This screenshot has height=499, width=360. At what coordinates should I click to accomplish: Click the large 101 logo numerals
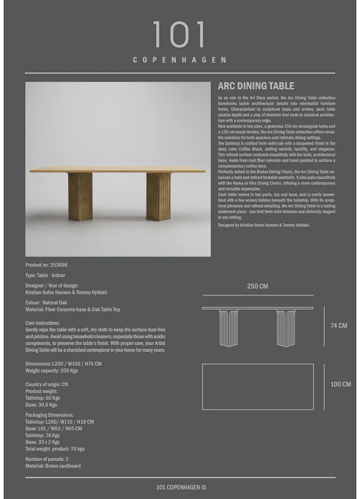click(179, 35)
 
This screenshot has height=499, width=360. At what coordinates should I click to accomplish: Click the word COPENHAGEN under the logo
click(179, 60)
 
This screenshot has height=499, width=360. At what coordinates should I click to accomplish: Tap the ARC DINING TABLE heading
click(256, 86)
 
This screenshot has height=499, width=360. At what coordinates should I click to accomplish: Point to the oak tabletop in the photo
click(117, 170)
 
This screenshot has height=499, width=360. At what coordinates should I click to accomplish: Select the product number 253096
click(59, 265)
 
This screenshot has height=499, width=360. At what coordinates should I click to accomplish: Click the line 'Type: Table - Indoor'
click(45, 275)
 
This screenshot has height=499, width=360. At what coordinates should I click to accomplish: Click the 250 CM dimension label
click(257, 286)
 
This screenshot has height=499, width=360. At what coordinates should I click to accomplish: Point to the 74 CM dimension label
click(338, 326)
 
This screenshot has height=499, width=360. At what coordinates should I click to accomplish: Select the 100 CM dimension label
click(340, 384)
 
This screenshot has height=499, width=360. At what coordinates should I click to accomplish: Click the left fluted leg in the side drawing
click(228, 328)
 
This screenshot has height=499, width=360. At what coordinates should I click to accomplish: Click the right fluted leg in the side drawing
click(286, 328)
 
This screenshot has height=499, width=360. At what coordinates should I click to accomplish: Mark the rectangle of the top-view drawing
click(258, 386)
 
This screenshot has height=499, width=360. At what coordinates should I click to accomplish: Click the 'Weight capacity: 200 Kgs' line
click(51, 370)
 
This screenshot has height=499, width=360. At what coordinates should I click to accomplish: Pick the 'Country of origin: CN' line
click(46, 384)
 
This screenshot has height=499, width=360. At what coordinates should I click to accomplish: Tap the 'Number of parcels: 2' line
click(47, 459)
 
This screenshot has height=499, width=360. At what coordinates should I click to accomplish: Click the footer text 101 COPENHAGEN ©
click(181, 488)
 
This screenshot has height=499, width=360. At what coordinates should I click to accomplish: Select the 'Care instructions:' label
click(43, 323)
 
